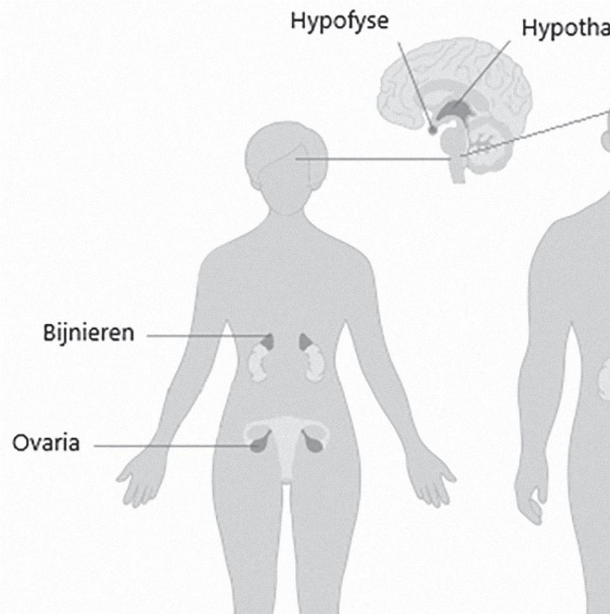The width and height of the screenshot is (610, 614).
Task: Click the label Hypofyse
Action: point(339,21)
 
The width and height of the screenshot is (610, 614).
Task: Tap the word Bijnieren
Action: point(89,333)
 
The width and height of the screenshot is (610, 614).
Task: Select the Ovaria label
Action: point(46,443)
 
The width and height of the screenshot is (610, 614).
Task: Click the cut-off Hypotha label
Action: point(565,28)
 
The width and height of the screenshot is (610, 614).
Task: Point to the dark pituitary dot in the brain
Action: point(433,130)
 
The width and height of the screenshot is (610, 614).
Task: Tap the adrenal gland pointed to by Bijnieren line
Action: point(269,341)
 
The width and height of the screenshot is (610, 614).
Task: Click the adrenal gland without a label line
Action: point(306,341)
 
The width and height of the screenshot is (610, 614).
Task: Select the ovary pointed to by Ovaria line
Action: point(257,444)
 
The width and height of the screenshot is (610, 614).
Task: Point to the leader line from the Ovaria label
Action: point(171,446)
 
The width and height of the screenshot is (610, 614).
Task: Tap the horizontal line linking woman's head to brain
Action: point(373,159)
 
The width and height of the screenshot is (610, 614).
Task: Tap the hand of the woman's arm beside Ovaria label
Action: point(136,481)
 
